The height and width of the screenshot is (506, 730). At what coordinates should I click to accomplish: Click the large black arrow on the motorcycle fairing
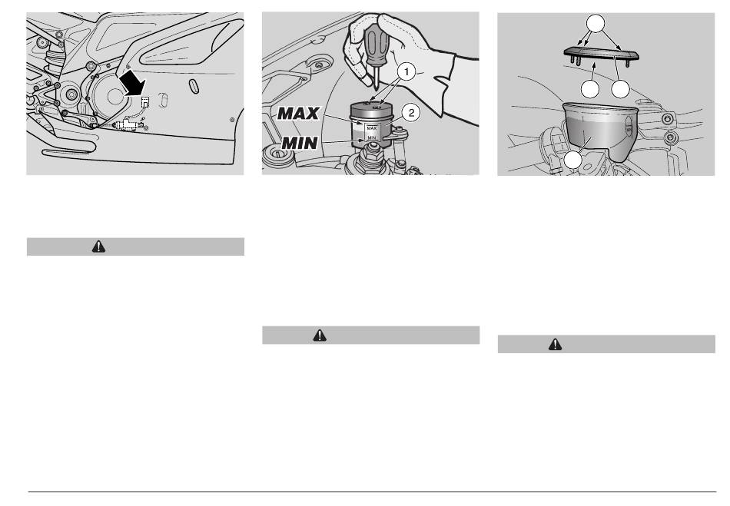coord(131,83)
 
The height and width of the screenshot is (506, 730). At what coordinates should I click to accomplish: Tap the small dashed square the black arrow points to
coord(146,103)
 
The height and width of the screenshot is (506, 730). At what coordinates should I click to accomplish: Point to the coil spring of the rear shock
coord(55,59)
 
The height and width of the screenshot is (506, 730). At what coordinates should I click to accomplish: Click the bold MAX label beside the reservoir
coord(298,114)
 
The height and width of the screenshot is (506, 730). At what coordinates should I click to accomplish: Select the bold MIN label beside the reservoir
coord(300,144)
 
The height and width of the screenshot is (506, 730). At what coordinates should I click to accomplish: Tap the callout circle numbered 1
coord(407,71)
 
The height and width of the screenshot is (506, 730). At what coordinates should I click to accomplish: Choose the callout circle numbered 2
coord(411,113)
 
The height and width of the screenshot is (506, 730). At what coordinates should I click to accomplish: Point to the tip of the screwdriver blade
coord(376,88)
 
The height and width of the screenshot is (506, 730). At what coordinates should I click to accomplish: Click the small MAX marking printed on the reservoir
coord(371,128)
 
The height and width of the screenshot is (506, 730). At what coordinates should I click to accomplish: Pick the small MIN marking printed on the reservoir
coord(371,137)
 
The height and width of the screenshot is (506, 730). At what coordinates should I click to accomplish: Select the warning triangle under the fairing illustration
coord(98,246)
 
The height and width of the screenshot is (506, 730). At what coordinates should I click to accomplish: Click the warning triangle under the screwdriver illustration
coord(320,336)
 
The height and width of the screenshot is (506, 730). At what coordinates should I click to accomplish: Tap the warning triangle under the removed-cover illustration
coord(556,344)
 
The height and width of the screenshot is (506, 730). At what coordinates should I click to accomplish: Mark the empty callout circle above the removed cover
coord(596,23)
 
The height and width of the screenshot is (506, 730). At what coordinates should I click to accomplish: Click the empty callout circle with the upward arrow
coord(590,89)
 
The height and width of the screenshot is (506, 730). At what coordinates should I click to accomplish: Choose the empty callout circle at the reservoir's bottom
coord(573,160)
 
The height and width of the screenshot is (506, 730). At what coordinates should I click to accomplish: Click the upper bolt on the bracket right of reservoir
coord(669,119)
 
